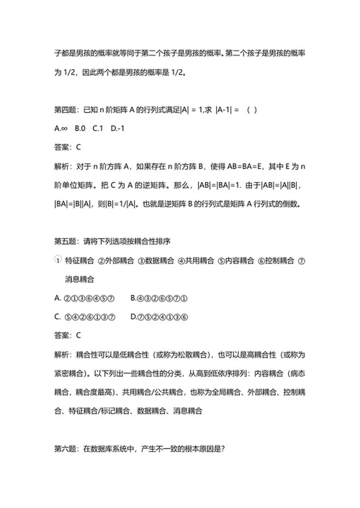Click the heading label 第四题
click(67, 109)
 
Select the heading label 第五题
click(67, 240)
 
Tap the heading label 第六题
click(67, 448)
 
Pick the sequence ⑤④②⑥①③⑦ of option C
click(91, 316)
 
